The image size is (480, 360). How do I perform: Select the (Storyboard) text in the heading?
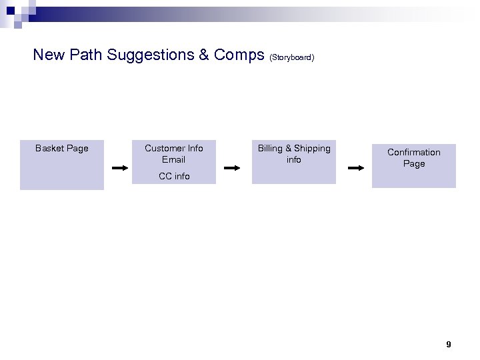[x=292, y=57]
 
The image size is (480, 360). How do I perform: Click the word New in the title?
[x=49, y=55]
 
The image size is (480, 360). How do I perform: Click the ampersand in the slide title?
[x=203, y=55]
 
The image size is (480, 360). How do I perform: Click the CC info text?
[x=173, y=176]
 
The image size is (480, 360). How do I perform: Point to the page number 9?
[x=448, y=345]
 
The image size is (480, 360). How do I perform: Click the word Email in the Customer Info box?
[x=173, y=159]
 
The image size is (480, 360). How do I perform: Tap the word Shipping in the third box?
[x=312, y=148]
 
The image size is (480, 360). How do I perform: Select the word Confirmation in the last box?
[x=413, y=152]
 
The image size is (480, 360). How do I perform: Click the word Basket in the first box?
[x=49, y=148]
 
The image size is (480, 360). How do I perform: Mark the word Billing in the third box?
[x=270, y=148]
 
